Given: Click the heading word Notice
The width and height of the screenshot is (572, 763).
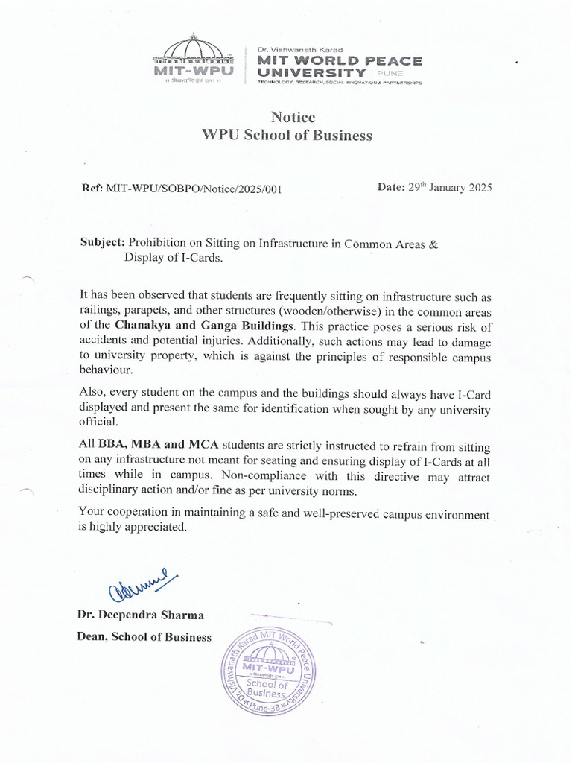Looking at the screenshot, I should click(x=293, y=117).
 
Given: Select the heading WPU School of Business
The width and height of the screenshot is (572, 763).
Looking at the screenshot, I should click(x=287, y=136).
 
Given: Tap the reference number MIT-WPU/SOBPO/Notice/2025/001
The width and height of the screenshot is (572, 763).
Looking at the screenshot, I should click(x=194, y=189).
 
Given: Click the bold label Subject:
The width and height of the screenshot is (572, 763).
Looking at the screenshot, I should click(x=103, y=243).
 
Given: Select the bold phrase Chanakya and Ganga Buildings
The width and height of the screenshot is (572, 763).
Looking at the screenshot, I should click(x=205, y=326).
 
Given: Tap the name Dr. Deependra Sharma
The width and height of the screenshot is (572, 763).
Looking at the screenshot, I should click(x=141, y=615).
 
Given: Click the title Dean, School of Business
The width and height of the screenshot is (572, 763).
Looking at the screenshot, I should click(x=144, y=637).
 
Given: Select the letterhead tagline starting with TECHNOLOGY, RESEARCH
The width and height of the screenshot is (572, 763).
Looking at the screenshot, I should click(x=340, y=83).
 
